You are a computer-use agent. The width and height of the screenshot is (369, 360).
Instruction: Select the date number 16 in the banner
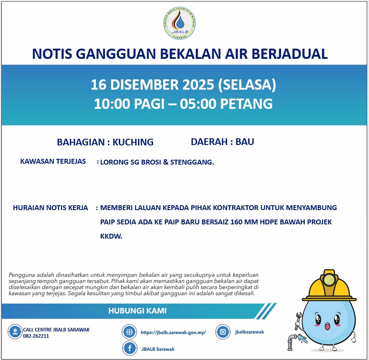click(98, 84)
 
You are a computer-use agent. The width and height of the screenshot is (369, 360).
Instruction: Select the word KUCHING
click(133, 142)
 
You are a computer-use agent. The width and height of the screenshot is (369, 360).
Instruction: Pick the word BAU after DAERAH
click(245, 142)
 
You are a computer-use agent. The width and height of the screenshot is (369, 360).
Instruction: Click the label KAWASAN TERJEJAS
click(53, 161)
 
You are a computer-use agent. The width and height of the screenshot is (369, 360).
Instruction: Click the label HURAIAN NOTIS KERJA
click(50, 208)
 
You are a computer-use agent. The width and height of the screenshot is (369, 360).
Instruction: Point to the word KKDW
click(111, 237)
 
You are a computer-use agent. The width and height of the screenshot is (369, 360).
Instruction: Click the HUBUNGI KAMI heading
click(137, 311)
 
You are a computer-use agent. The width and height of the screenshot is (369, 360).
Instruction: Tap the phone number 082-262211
click(36, 336)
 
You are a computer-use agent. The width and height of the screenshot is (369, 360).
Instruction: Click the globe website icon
click(129, 331)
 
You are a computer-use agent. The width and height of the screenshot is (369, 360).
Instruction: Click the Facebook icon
click(129, 348)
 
